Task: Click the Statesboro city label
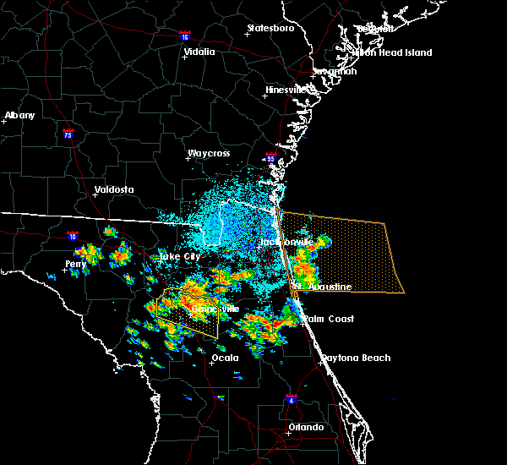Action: (270, 28)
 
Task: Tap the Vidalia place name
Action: (199, 52)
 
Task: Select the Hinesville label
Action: (290, 90)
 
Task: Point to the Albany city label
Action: (19, 115)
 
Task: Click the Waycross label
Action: (209, 154)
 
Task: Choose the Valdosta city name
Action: (114, 189)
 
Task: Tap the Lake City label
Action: (180, 255)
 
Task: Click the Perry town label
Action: (76, 264)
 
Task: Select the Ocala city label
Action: (225, 358)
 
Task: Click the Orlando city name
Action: (306, 427)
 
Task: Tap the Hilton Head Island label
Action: (393, 52)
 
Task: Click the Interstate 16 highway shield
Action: (185, 36)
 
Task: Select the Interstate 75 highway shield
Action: (68, 134)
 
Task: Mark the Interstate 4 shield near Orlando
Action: (292, 398)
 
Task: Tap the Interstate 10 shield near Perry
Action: (73, 236)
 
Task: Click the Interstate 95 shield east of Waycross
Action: (270, 158)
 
